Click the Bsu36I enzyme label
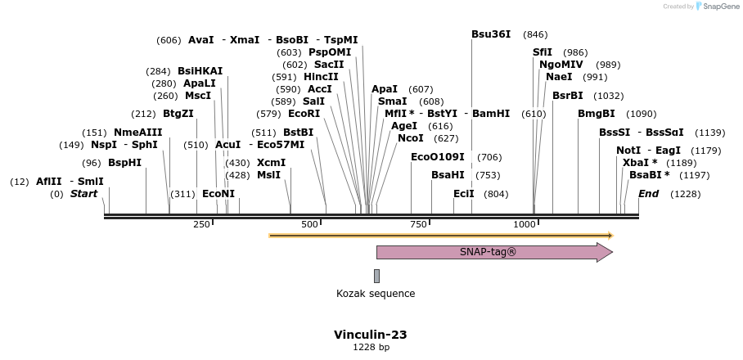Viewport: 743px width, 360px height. tap(490, 34)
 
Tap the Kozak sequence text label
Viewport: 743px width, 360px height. tap(376, 294)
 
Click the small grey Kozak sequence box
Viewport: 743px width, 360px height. tap(376, 276)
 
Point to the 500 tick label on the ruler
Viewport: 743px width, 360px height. tap(309, 225)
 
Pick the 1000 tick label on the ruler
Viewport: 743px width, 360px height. tap(525, 225)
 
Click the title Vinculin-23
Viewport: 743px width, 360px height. tap(370, 335)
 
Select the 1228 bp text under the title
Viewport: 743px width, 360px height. tap(370, 348)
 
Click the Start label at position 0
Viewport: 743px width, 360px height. tap(83, 194)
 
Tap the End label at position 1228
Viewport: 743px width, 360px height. tap(648, 194)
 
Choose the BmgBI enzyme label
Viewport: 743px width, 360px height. tap(596, 114)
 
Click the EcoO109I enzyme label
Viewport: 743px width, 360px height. tap(437, 157)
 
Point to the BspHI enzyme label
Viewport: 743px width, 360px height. tap(124, 163)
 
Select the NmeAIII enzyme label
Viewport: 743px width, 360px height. tap(137, 133)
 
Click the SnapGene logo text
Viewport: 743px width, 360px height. tap(718, 7)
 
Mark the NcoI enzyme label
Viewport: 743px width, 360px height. tap(410, 138)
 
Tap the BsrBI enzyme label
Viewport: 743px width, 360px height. tap(567, 96)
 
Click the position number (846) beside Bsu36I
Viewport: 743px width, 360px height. tap(535, 34)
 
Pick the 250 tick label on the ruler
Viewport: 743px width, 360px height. tap(201, 225)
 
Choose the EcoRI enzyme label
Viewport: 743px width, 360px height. tap(304, 114)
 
